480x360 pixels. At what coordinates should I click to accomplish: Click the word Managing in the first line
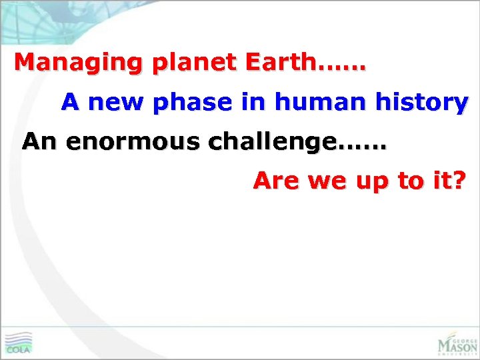(x=79, y=63)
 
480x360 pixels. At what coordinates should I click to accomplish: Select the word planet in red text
(x=194, y=63)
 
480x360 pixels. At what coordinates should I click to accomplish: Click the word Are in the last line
(x=275, y=181)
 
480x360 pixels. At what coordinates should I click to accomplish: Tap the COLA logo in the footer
(x=18, y=343)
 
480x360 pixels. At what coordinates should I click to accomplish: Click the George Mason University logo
(x=457, y=343)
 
